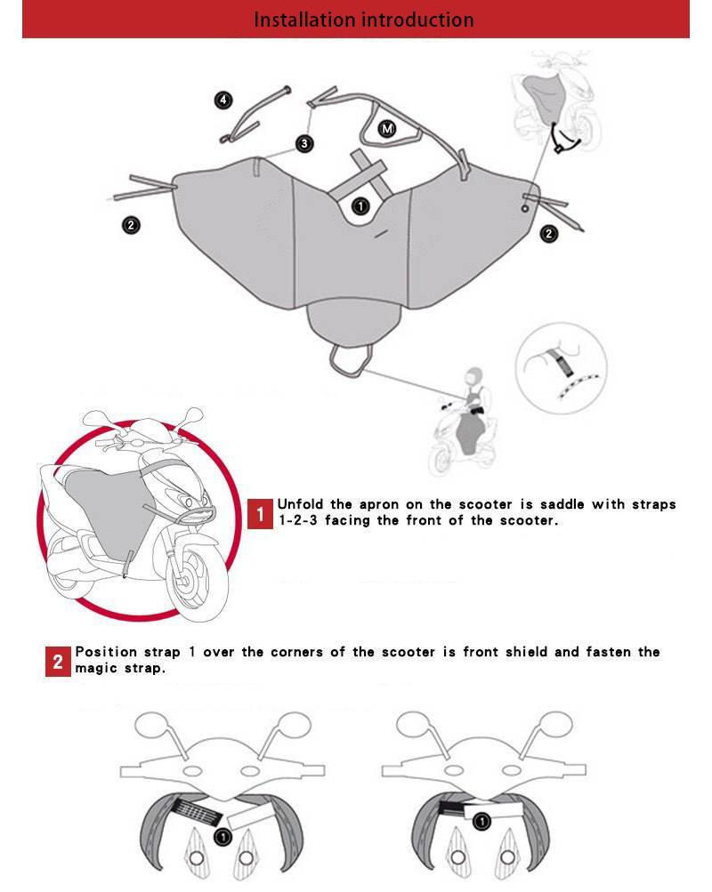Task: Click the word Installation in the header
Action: point(304,20)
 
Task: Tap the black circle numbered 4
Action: point(223,100)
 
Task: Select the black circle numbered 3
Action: point(304,143)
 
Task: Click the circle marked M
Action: point(387,129)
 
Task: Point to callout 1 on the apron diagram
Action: point(360,206)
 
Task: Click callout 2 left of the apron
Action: point(131,225)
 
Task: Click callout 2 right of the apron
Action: point(548,233)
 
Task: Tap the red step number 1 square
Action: point(260,514)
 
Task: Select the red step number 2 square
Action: point(58,662)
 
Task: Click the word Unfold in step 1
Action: point(300,504)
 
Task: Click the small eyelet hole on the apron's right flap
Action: point(525,209)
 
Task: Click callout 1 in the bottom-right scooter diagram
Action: point(481,822)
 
